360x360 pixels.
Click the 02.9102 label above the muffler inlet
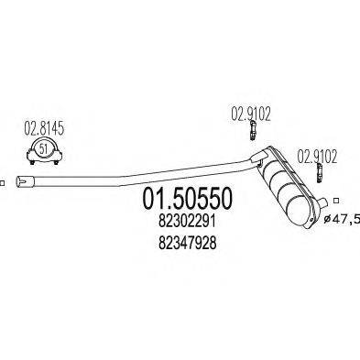tap(246, 115)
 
